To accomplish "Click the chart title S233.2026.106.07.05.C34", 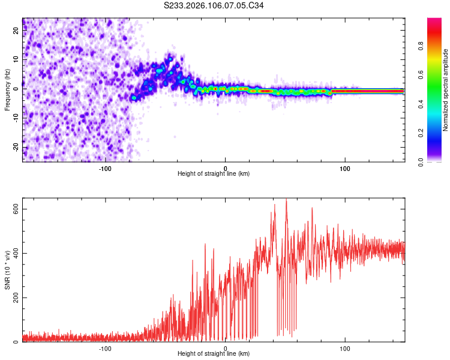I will (214, 6).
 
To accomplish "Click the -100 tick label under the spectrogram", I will (106, 168).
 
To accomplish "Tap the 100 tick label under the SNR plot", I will (345, 348).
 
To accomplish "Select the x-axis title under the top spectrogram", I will (214, 174).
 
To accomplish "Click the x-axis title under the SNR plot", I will (214, 355).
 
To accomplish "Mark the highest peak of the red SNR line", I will (286, 200).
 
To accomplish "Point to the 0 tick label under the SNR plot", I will (226, 348).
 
